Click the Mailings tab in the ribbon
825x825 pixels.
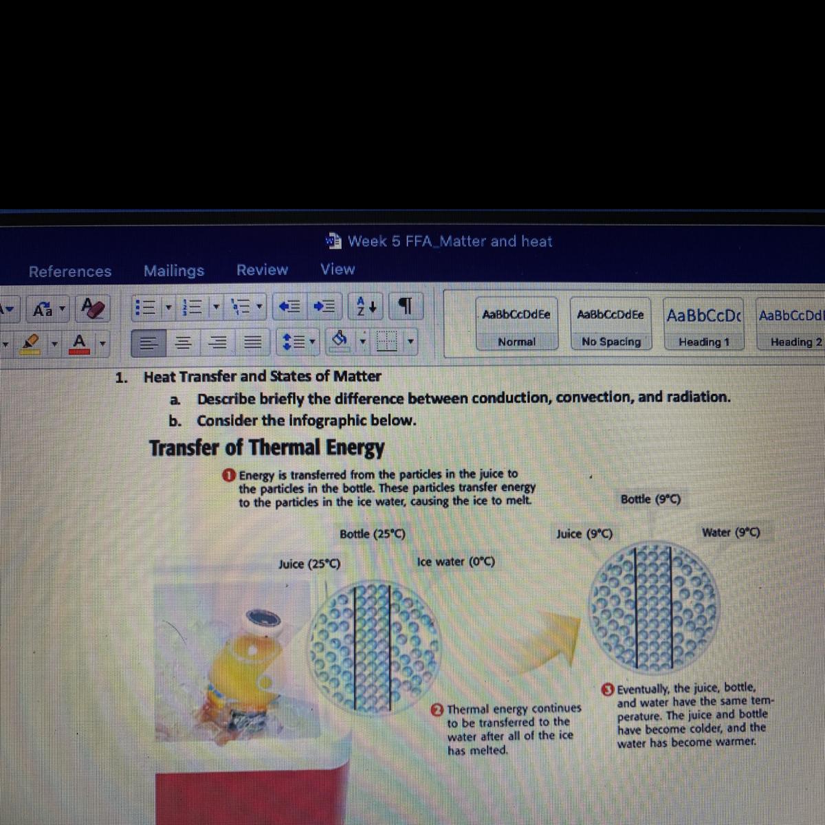pos(174,271)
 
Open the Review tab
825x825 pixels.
pos(262,269)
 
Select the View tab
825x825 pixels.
pos(338,269)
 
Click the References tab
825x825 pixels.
pos(70,272)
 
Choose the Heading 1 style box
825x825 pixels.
pos(703,324)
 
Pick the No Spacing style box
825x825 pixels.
pos(610,324)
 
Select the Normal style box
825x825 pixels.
pos(517,324)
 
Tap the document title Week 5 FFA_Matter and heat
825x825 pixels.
pos(450,241)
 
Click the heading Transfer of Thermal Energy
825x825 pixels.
pos(267,448)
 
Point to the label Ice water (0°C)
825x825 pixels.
pos(456,562)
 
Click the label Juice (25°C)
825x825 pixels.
pos(309,564)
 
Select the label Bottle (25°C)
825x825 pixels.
pos(373,534)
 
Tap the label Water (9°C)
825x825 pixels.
pos(731,533)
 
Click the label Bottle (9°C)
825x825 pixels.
pos(651,499)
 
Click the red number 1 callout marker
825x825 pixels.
pos(230,475)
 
